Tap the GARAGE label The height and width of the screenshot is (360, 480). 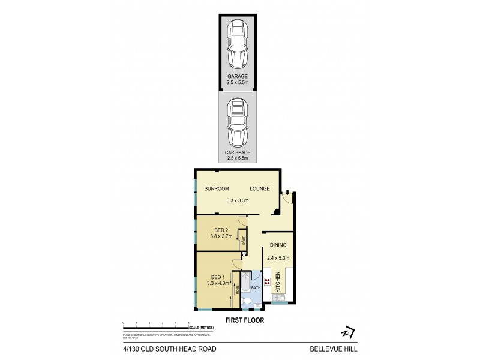(x=238, y=77)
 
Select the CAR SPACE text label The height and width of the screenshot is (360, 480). (x=238, y=153)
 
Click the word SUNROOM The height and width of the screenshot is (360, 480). (x=217, y=188)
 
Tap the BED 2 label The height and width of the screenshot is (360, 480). (x=221, y=230)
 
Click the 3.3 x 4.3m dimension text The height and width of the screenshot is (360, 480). (x=217, y=283)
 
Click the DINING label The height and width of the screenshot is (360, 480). (x=278, y=245)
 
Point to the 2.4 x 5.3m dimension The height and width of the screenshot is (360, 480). (x=278, y=259)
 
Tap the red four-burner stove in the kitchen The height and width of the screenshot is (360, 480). (x=267, y=280)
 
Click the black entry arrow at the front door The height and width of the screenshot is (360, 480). (x=287, y=193)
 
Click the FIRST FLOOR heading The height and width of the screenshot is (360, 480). (x=244, y=320)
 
